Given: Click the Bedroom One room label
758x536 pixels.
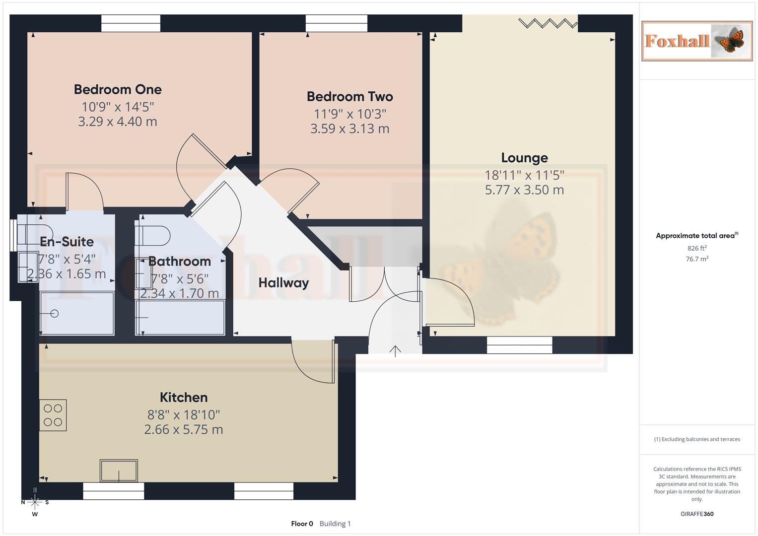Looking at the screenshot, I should [x=118, y=90].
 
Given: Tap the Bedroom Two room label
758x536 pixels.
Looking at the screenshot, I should [x=349, y=97].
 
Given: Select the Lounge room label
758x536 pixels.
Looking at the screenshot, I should [x=524, y=158].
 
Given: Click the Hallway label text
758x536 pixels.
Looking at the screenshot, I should [x=283, y=283].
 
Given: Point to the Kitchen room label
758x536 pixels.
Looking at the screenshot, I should [x=184, y=398].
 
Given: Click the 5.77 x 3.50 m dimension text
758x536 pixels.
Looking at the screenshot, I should [x=524, y=190].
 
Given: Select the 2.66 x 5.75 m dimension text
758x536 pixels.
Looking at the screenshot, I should [x=184, y=430].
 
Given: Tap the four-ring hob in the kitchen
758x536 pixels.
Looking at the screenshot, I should [x=53, y=415].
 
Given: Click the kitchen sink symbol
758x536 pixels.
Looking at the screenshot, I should [x=119, y=470].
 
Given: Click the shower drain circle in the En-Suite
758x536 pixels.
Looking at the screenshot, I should [x=54, y=313].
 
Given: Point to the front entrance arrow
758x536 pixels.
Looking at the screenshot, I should [x=395, y=351].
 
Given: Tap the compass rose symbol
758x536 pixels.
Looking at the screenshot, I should [x=35, y=502].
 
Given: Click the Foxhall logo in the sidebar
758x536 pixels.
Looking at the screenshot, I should [x=697, y=41].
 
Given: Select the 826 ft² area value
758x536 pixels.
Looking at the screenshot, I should [x=697, y=248].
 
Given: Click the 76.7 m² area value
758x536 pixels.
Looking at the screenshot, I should [x=697, y=259].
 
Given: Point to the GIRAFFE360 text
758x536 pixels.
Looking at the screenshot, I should [x=697, y=514].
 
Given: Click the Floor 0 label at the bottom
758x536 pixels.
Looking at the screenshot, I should [x=302, y=524].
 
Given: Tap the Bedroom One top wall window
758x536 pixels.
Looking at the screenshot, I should [x=131, y=23].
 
